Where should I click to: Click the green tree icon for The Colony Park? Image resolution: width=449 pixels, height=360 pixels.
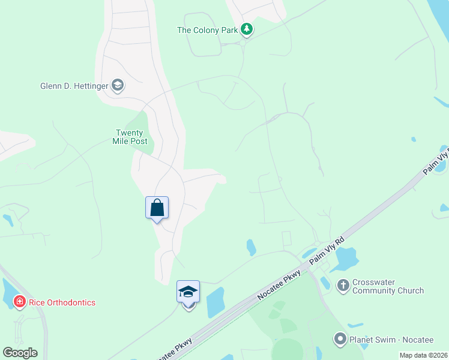click(246, 29)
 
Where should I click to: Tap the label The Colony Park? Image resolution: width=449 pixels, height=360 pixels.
click(208, 29)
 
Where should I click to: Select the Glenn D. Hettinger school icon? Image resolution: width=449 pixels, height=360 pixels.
click(118, 86)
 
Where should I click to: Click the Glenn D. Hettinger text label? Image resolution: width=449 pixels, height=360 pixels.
click(74, 86)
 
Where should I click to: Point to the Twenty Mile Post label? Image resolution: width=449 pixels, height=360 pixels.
click(129, 137)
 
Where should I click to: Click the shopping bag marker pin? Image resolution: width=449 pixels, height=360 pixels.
click(157, 209)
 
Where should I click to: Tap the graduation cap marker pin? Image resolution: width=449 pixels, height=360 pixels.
click(188, 293)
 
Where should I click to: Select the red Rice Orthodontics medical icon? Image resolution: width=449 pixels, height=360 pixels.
click(19, 302)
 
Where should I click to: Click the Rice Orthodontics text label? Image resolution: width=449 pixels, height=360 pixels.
click(62, 302)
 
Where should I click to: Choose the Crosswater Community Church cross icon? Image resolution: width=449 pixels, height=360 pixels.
click(343, 286)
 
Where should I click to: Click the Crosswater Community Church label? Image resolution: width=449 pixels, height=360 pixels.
click(388, 287)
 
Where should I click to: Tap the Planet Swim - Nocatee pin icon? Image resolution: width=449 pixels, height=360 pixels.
click(340, 339)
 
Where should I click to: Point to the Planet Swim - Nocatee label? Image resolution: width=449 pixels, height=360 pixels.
click(391, 340)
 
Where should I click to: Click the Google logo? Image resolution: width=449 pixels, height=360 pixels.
click(20, 353)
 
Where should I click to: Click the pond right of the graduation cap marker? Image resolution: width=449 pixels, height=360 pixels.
click(215, 303)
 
